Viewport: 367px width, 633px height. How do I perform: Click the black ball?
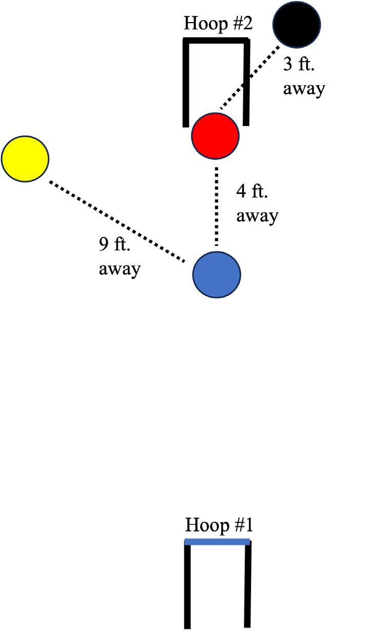click(297, 24)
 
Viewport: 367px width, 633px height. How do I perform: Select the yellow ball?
click(25, 159)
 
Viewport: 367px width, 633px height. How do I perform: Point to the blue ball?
click(217, 274)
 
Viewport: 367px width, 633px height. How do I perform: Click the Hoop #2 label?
click(218, 24)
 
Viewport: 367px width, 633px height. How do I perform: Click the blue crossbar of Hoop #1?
click(217, 541)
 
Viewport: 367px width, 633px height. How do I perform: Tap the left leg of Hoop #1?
click(187, 585)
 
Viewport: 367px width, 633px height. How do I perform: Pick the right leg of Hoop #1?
click(247, 585)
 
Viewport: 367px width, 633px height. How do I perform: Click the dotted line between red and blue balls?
click(217, 205)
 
